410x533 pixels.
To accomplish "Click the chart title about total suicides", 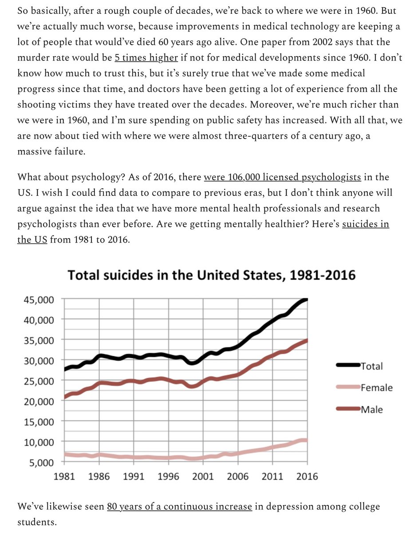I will point(211,275).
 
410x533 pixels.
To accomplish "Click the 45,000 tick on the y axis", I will point(39,299).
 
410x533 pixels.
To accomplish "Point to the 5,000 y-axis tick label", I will point(41,462).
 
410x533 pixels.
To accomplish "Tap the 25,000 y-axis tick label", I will point(39,381).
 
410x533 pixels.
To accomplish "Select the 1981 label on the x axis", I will point(65,476).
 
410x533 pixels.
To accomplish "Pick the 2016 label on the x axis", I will point(307,476).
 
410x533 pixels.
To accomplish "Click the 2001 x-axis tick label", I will point(203,476).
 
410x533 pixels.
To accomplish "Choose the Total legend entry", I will point(371,366).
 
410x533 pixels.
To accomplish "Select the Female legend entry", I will point(376,388).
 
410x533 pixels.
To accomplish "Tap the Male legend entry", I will point(371,409).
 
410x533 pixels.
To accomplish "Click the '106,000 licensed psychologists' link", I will point(282,178).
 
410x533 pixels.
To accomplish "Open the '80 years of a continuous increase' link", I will point(179,506).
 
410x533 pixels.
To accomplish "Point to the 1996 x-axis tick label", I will point(169,476).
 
